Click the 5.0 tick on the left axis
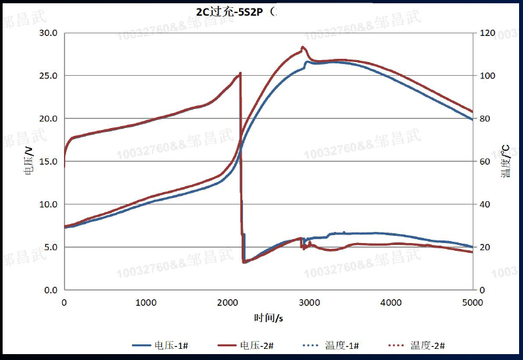pos(51,247)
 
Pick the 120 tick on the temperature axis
pos(486,33)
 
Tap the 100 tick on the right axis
pos(486,76)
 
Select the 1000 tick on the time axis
pos(146,303)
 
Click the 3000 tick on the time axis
pos(309,303)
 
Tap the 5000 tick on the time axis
pos(472,303)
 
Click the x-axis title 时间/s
pos(268,318)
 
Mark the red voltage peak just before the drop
pos(240,73)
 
